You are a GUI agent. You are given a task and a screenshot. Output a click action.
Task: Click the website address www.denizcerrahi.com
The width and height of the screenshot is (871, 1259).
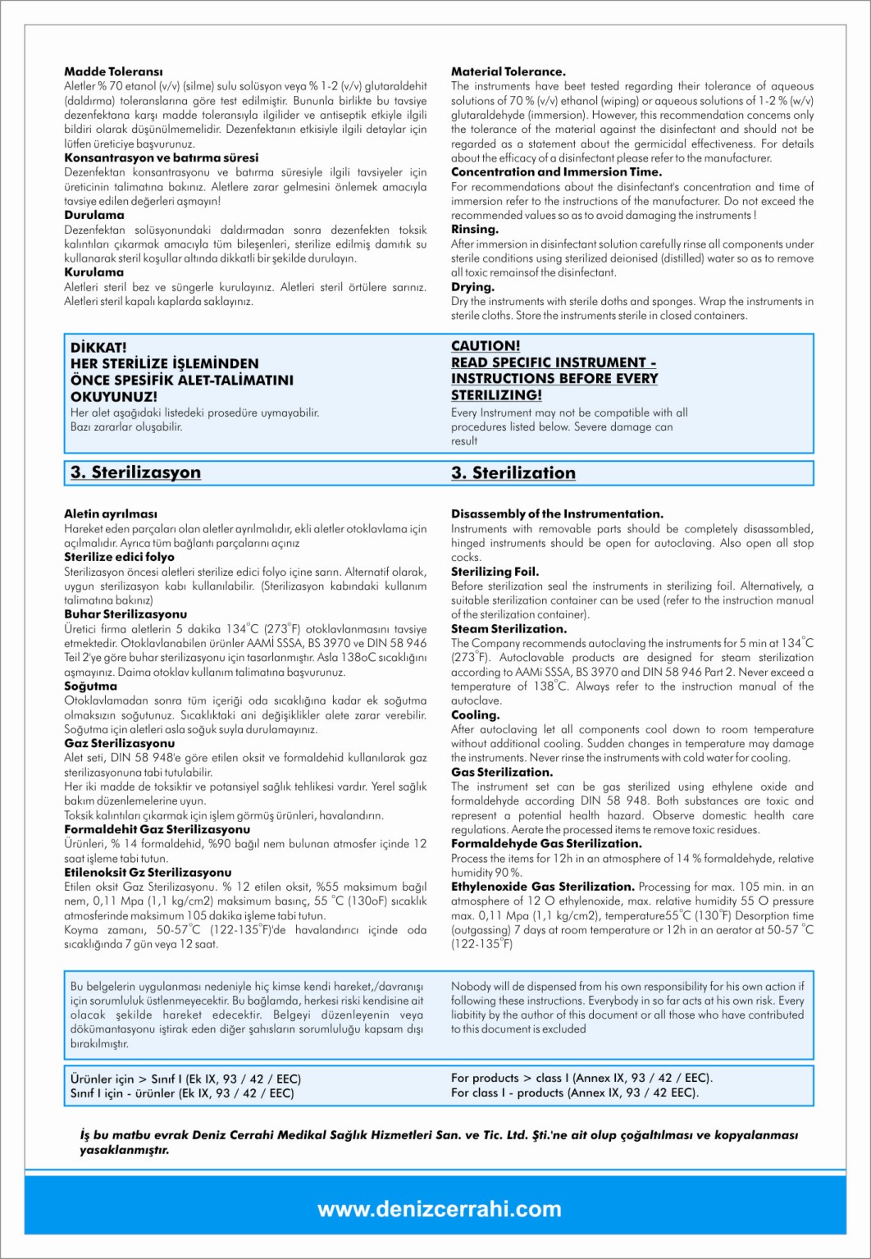(439, 1209)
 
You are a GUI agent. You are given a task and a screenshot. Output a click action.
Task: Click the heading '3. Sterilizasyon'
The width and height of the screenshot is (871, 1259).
(135, 472)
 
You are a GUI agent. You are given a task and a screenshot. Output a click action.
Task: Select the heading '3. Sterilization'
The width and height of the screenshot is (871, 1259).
(513, 473)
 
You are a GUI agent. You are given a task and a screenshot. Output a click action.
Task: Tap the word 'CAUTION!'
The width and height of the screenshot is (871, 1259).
(486, 346)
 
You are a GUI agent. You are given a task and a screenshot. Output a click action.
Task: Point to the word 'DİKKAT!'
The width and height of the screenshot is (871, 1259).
(98, 348)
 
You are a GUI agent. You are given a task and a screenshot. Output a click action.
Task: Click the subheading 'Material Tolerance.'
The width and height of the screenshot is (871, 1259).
(508, 72)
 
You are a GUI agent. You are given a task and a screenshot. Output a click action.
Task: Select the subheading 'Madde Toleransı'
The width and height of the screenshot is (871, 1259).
(113, 72)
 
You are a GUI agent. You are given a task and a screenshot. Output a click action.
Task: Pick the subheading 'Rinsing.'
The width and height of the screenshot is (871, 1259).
(474, 230)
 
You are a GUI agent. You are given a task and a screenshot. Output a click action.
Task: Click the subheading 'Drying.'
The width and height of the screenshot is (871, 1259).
(472, 287)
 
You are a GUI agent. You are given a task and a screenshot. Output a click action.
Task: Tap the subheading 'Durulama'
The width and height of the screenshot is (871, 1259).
(94, 216)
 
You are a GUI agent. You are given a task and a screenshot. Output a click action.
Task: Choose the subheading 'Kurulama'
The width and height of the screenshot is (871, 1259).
(94, 272)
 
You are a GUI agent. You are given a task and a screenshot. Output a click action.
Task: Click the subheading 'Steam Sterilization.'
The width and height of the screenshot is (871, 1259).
(508, 629)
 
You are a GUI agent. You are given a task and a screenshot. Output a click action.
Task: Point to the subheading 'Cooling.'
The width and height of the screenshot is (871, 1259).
(476, 715)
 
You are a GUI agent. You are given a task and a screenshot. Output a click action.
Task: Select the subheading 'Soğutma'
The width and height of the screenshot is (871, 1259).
(90, 687)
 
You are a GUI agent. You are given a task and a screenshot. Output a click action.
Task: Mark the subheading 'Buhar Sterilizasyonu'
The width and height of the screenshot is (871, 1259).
(125, 614)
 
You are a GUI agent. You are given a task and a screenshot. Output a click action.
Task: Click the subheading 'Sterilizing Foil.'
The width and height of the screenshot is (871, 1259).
(495, 572)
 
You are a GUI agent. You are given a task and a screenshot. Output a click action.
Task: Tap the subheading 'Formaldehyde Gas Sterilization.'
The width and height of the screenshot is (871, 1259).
(546, 844)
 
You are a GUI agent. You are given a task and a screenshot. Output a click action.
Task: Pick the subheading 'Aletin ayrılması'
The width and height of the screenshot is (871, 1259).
(111, 514)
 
